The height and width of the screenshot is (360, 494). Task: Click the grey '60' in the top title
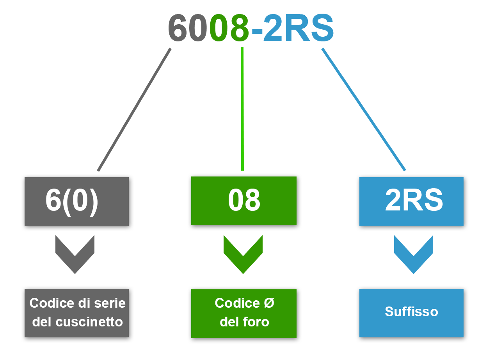[x=188, y=28]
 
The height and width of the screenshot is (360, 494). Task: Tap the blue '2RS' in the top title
[x=299, y=28]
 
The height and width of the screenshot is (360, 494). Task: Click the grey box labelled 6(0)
[x=77, y=201]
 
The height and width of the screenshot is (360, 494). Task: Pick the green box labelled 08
[x=244, y=201]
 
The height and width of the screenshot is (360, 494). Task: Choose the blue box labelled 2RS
[x=412, y=201]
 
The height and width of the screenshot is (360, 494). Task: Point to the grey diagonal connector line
[x=134, y=110]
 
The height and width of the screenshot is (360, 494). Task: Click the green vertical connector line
[x=242, y=109]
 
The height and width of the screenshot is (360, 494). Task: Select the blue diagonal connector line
[x=364, y=109]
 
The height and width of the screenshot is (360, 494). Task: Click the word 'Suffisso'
[x=411, y=312]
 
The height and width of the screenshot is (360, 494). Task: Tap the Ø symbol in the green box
[x=269, y=303]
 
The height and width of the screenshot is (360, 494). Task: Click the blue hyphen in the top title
[x=257, y=30]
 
